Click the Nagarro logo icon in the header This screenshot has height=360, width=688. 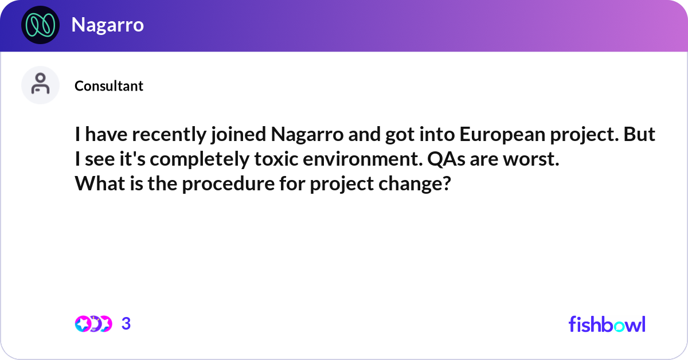pyautogui.click(x=40, y=25)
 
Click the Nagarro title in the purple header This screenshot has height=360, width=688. pyautogui.click(x=107, y=25)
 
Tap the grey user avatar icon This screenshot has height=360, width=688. pyautogui.click(x=40, y=85)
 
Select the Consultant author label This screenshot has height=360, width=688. pyautogui.click(x=109, y=86)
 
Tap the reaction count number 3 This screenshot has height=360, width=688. pyautogui.click(x=126, y=324)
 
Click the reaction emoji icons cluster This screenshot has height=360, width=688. pyautogui.click(x=93, y=324)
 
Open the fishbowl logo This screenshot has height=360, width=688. pyautogui.click(x=607, y=324)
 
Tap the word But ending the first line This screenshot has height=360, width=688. pyautogui.click(x=642, y=136)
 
